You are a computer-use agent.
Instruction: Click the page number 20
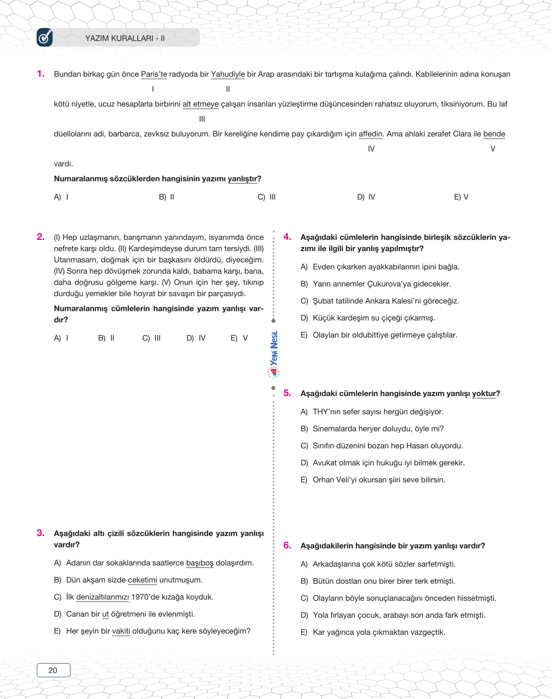(x=53, y=670)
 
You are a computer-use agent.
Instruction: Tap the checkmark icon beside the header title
(x=45, y=38)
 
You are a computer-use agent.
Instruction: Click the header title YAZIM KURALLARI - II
(x=125, y=38)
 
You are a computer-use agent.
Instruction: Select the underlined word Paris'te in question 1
(x=154, y=74)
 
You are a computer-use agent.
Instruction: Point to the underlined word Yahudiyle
(x=228, y=74)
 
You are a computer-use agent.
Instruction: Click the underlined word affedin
(x=371, y=134)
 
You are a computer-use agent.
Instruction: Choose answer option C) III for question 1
(x=267, y=197)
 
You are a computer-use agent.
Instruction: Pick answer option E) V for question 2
(x=239, y=338)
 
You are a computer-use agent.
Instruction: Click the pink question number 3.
(x=41, y=533)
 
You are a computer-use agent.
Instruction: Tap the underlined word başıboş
(x=200, y=563)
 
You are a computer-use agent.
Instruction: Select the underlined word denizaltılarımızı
(x=102, y=597)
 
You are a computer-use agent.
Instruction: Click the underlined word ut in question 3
(x=105, y=614)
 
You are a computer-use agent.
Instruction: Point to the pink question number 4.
(x=287, y=237)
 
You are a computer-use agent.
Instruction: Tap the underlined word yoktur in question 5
(x=484, y=393)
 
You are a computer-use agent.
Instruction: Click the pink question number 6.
(x=287, y=545)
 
